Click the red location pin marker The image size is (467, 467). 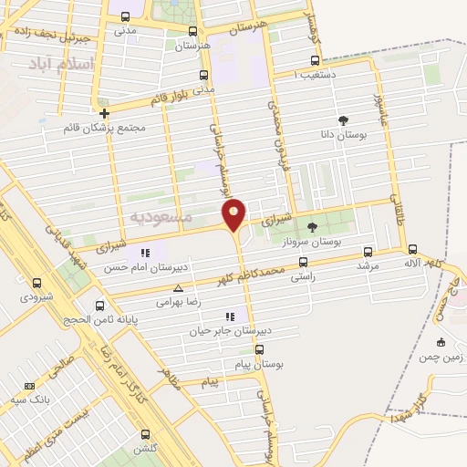tap(233, 214)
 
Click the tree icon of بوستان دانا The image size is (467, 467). tap(343, 120)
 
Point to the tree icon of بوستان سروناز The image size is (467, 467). tap(312, 226)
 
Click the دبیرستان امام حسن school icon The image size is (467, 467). tap(144, 253)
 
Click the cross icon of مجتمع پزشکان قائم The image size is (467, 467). tap(106, 114)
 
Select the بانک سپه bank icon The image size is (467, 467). tap(29, 387)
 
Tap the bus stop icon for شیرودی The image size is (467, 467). tap(36, 283)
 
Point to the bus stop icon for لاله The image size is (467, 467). tap(413, 249)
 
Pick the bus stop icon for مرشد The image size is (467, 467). tap(368, 251)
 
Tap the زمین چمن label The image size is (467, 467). tap(441, 358)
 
